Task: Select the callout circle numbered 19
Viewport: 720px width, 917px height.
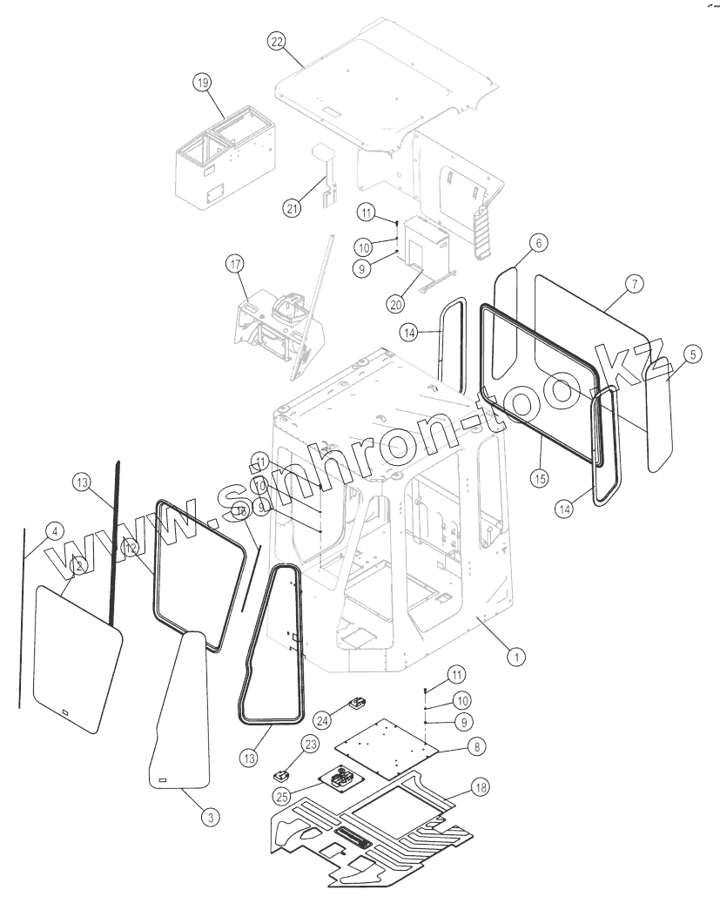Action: pos(202,83)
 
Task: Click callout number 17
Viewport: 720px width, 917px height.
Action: pos(234,262)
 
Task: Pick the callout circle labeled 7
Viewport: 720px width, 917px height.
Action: pos(633,285)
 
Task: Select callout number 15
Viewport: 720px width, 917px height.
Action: pos(539,478)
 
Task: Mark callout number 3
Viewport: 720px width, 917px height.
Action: pos(209,816)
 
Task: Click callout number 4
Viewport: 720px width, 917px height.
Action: pos(53,530)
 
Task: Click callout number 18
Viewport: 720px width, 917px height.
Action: pos(480,786)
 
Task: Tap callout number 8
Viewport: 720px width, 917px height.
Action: pos(476,745)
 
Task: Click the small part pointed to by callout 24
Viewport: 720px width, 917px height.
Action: pos(357,704)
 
